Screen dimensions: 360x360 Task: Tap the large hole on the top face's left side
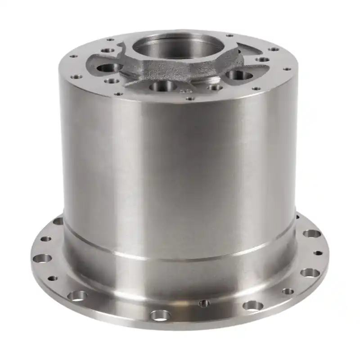[x=108, y=68]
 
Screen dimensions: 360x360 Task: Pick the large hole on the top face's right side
[x=238, y=75]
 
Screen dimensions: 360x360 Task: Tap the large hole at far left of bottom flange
[x=43, y=258]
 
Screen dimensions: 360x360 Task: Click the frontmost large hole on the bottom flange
[x=160, y=315]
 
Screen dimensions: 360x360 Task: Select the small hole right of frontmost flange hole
[x=204, y=303]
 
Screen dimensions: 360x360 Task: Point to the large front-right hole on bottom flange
[x=253, y=306]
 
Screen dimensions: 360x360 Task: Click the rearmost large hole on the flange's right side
[x=311, y=234]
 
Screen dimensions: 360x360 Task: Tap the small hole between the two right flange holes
[x=318, y=253]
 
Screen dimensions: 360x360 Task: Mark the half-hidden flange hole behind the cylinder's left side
[x=58, y=221]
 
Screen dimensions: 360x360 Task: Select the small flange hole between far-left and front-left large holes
[x=53, y=279]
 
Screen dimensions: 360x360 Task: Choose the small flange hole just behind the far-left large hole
[x=45, y=239]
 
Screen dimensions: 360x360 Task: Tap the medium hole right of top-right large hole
[x=262, y=59]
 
